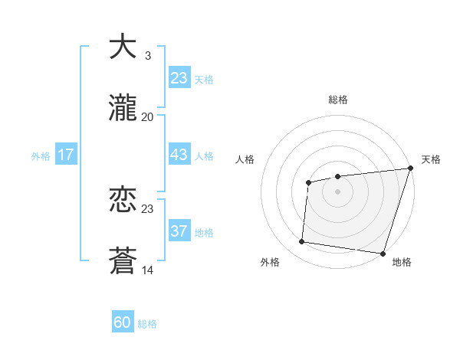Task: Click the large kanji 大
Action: tap(123, 47)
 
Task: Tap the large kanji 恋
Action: tap(123, 200)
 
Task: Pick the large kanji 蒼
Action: tap(123, 260)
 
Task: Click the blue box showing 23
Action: tap(179, 77)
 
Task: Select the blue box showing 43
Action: tap(179, 155)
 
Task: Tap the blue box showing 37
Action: tap(179, 231)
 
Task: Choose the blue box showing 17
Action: tap(66, 155)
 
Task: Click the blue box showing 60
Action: tap(123, 322)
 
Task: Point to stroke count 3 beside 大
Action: tap(147, 56)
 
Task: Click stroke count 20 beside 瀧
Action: tap(147, 116)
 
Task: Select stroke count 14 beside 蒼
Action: tap(147, 270)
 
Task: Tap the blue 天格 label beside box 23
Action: tap(204, 79)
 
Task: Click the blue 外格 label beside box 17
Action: tap(41, 156)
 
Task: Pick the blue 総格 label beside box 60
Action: tap(147, 324)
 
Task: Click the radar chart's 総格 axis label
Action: tap(337, 100)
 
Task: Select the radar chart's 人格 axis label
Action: tap(246, 159)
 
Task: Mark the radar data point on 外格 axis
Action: tap(302, 242)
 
